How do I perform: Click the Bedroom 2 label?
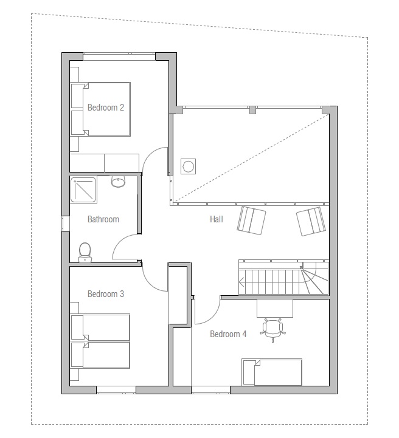[x=106, y=108]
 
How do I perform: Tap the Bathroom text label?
[x=103, y=219]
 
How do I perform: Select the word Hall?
[x=217, y=219]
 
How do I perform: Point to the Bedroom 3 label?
[x=106, y=294]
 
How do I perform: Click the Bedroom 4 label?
[x=228, y=334]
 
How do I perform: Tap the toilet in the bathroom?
[x=85, y=253]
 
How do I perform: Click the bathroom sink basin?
[x=118, y=182]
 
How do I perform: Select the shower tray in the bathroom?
[x=83, y=190]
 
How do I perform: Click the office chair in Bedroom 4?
[x=273, y=330]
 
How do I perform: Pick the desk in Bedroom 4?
[x=275, y=308]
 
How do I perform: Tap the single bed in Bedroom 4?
[x=272, y=372]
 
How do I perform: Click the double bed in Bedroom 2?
[x=100, y=109]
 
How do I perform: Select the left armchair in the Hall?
[x=251, y=221]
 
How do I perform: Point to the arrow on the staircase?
[x=241, y=282]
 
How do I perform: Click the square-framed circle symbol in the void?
[x=188, y=166]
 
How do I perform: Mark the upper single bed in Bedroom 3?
[x=100, y=327]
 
